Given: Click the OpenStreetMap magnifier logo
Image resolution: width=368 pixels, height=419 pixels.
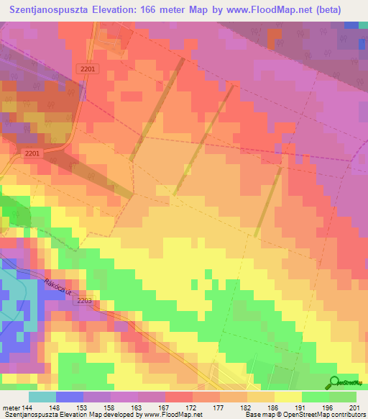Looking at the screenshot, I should click(336, 382).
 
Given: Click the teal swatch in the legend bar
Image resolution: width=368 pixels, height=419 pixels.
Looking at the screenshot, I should click(42, 397).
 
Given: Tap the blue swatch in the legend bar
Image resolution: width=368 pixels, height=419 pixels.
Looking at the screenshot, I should click(70, 397).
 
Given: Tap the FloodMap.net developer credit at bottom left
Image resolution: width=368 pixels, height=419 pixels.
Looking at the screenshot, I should click(101, 415).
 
